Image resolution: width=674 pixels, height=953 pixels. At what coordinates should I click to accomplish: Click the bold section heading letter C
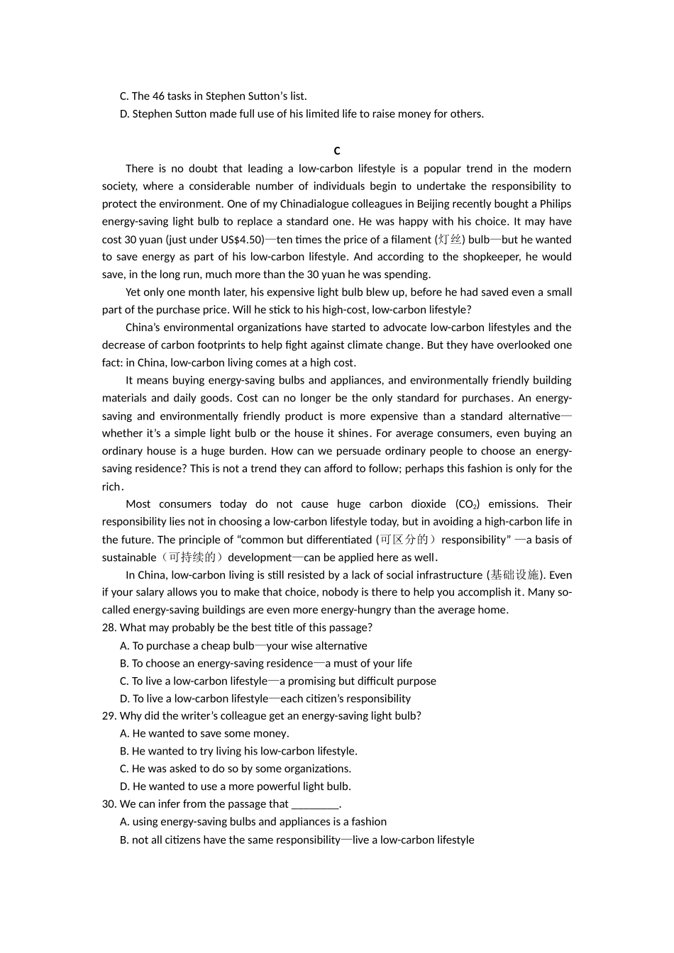(337, 151)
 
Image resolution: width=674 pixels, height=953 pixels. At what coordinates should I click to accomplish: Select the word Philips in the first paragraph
(555, 204)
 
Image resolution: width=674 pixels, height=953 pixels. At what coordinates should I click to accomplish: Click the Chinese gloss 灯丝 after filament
(450, 240)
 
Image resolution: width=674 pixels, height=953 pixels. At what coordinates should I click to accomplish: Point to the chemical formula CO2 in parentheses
(466, 504)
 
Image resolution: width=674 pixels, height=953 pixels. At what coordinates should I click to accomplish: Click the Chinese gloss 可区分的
(404, 540)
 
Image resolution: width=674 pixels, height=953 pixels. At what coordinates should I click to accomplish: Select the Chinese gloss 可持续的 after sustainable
(192, 557)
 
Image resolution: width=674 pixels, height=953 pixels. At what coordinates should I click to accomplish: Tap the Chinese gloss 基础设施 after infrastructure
(515, 575)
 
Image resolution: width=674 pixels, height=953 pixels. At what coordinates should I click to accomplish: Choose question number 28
(109, 628)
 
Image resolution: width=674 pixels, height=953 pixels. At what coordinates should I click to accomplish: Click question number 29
(109, 716)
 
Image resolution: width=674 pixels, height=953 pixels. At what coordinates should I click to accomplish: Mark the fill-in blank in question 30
(315, 804)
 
